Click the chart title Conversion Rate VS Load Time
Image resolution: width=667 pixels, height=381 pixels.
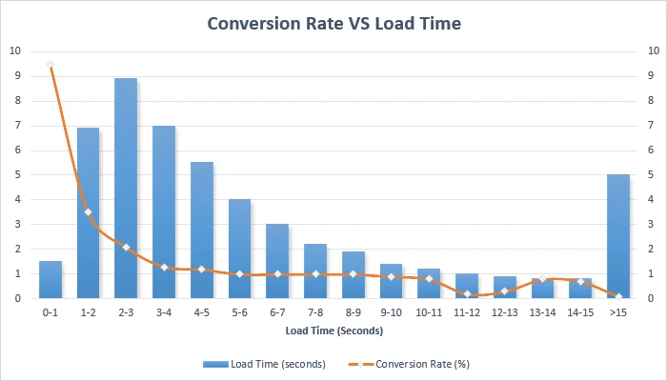pyautogui.click(x=333, y=23)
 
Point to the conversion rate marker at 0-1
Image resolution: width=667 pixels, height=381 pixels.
pyautogui.click(x=50, y=65)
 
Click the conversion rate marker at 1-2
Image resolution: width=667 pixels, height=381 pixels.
pyautogui.click(x=88, y=211)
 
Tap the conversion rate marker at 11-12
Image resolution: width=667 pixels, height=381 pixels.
pyautogui.click(x=467, y=293)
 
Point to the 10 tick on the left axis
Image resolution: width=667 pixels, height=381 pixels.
pyautogui.click(x=13, y=50)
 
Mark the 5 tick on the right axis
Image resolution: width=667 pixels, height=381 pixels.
pyautogui.click(x=650, y=174)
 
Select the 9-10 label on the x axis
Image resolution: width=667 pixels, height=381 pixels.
pyautogui.click(x=391, y=311)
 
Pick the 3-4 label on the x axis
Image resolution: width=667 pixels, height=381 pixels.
pyautogui.click(x=164, y=311)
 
